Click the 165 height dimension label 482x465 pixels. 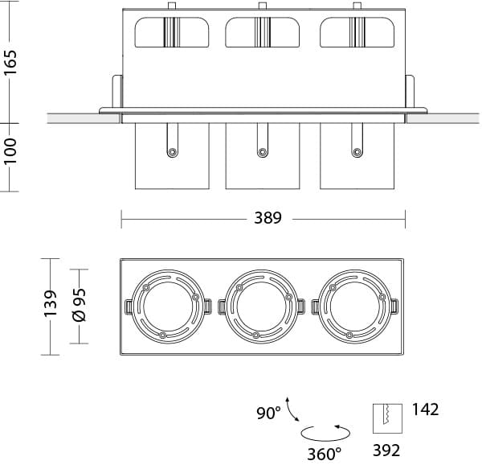pyautogui.click(x=10, y=62)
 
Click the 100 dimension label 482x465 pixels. pyautogui.click(x=10, y=151)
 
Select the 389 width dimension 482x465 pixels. pyautogui.click(x=268, y=218)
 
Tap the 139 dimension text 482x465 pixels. pyautogui.click(x=51, y=303)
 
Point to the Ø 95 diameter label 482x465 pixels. pyautogui.click(x=80, y=305)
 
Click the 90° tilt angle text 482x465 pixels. pyautogui.click(x=268, y=413)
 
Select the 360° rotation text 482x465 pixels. pyautogui.click(x=325, y=454)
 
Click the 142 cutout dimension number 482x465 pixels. pyautogui.click(x=426, y=409)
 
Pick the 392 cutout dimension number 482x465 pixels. pyautogui.click(x=386, y=451)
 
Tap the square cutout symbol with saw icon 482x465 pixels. pyautogui.click(x=387, y=418)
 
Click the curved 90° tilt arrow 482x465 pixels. pyautogui.click(x=292, y=409)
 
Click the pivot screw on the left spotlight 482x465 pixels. pyautogui.click(x=172, y=152)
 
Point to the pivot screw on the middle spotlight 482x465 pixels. pyautogui.click(x=262, y=152)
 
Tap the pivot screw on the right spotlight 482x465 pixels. pyautogui.click(x=357, y=152)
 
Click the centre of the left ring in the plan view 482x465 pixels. pyautogui.click(x=168, y=307)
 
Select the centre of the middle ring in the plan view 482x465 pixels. pyautogui.click(x=262, y=307)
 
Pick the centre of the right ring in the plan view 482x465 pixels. pyautogui.click(x=355, y=307)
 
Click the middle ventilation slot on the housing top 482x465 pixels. pyautogui.click(x=262, y=32)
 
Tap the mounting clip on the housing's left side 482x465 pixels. pyautogui.click(x=116, y=92)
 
